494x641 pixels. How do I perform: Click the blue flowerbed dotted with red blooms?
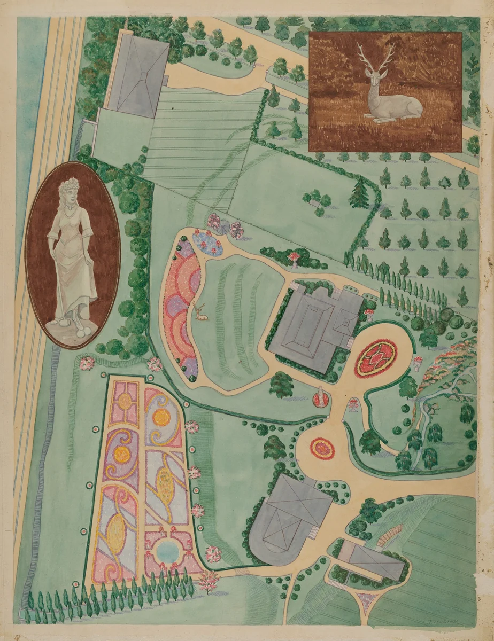pos(209,244)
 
